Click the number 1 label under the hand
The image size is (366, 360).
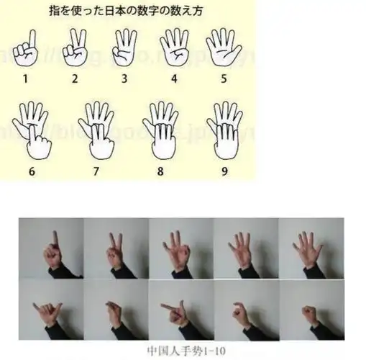pos(26,77)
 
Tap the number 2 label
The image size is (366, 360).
pos(75,77)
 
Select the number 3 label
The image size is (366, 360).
pos(124,77)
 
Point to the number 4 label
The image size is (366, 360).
pos(173,77)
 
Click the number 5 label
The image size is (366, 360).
pos(224,77)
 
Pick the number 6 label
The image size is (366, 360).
pos(31,171)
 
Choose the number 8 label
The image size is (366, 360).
pos(159,171)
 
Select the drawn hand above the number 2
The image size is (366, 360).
pos(75,48)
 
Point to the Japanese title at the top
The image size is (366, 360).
pos(133,12)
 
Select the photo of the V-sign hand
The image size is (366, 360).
pos(115,249)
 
